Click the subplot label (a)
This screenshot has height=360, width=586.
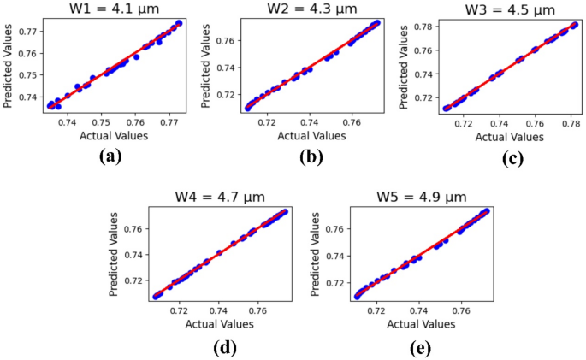click(x=113, y=156)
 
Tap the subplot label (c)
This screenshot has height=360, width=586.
click(x=512, y=156)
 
